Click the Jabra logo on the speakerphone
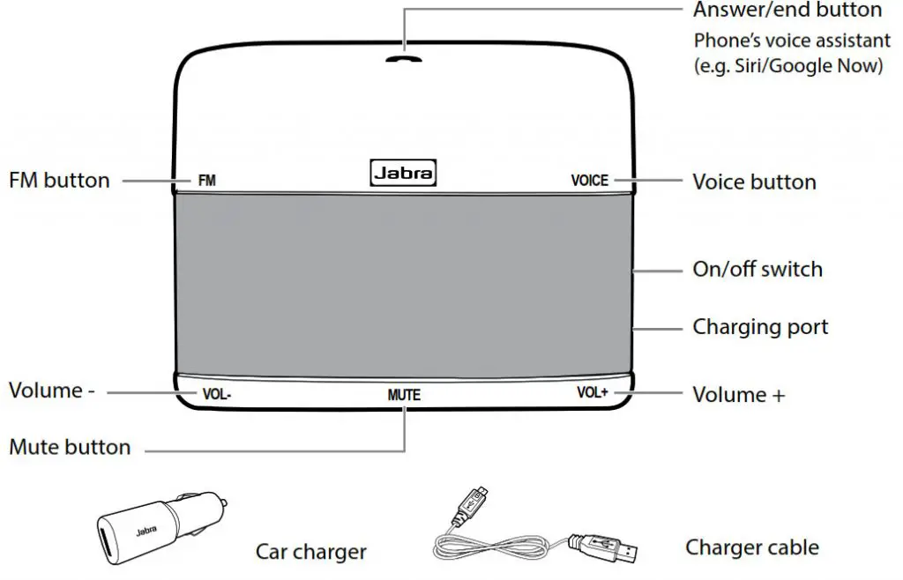pyautogui.click(x=403, y=173)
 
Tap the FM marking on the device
pyautogui.click(x=206, y=181)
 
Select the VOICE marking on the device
pyautogui.click(x=590, y=181)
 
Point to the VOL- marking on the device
pyautogui.click(x=217, y=395)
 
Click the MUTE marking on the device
pyautogui.click(x=404, y=395)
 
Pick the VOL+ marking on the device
pyautogui.click(x=593, y=392)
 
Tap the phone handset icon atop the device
pyautogui.click(x=404, y=59)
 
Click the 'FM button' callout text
pyautogui.click(x=59, y=181)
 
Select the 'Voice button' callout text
pyautogui.click(x=755, y=182)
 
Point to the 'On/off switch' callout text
pyautogui.click(x=757, y=270)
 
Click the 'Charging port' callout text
pyautogui.click(x=760, y=327)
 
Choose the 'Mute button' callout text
pyautogui.click(x=70, y=447)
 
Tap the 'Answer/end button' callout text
pyautogui.click(x=787, y=10)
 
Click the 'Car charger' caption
pyautogui.click(x=311, y=552)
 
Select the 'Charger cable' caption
pyautogui.click(x=752, y=547)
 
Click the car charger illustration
pyautogui.click(x=161, y=528)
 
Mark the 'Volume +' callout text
pyautogui.click(x=739, y=395)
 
